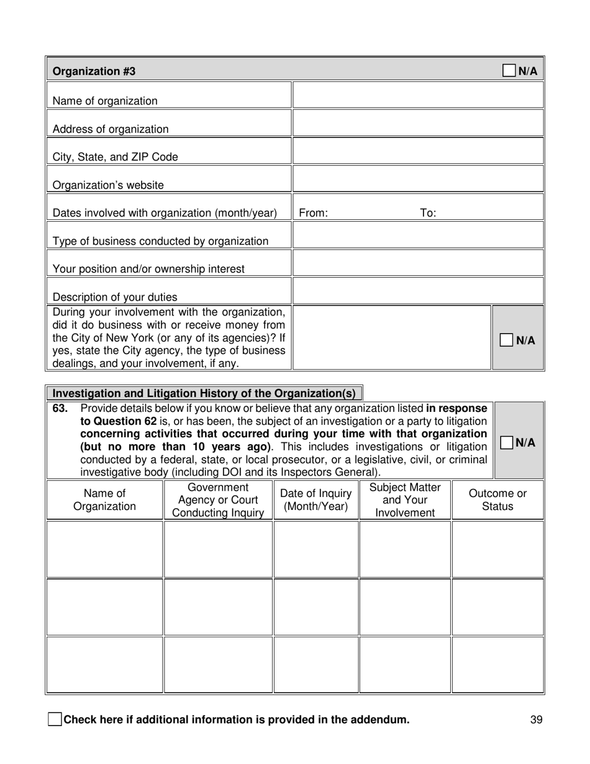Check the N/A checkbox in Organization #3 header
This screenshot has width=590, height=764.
(x=509, y=71)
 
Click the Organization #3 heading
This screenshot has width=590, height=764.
(x=94, y=71)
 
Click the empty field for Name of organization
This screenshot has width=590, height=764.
(x=417, y=96)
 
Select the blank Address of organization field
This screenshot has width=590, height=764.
(x=417, y=124)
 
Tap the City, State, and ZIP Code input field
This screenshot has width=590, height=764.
(x=417, y=152)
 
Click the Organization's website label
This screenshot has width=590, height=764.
(x=108, y=185)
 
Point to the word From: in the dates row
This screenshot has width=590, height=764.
(x=314, y=213)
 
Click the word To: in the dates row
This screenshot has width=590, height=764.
(x=428, y=213)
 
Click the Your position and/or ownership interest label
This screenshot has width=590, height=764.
(x=148, y=269)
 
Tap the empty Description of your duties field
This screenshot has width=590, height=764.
(x=417, y=291)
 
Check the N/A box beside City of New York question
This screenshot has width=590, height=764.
(x=507, y=340)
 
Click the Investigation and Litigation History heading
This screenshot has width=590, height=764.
(x=204, y=393)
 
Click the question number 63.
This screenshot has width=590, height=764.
(x=60, y=409)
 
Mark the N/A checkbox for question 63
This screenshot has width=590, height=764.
(x=507, y=442)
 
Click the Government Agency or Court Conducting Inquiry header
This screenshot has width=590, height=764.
(x=218, y=500)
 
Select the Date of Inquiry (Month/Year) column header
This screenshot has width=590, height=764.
(x=316, y=500)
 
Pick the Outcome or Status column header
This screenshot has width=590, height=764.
(x=497, y=500)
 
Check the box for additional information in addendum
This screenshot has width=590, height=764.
(x=55, y=720)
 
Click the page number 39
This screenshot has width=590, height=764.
(x=537, y=720)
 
